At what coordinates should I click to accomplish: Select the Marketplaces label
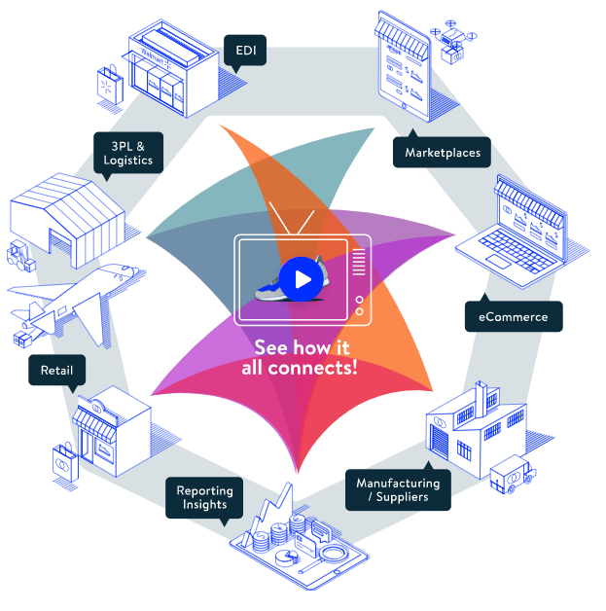[x=442, y=152]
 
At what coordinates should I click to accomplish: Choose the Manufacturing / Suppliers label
[x=398, y=489]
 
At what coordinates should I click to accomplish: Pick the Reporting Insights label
[x=202, y=497]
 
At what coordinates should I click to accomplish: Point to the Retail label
[x=56, y=370]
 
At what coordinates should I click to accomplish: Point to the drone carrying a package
[x=454, y=37]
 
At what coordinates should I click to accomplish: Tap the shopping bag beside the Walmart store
[x=110, y=85]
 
